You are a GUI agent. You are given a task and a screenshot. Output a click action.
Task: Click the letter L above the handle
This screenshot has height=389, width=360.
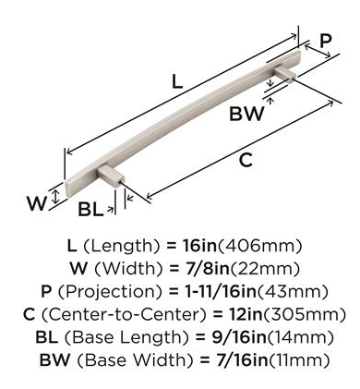177,82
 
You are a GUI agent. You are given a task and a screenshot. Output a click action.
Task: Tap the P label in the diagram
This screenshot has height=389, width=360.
326,41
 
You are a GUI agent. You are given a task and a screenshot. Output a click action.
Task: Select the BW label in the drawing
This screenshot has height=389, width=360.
246,114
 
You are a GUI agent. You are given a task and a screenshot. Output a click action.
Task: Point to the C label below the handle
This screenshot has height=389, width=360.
246,160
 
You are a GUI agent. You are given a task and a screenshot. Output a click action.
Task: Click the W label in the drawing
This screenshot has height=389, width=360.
37,203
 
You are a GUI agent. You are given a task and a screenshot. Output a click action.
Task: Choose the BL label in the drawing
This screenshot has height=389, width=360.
90,210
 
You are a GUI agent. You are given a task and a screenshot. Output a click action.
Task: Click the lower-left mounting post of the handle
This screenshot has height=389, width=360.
111,176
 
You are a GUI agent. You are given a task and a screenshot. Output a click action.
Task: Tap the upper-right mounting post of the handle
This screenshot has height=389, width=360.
285,74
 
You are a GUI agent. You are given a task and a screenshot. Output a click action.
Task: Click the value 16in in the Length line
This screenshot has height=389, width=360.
200,246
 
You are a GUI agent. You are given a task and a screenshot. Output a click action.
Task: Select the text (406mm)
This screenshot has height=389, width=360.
259,246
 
